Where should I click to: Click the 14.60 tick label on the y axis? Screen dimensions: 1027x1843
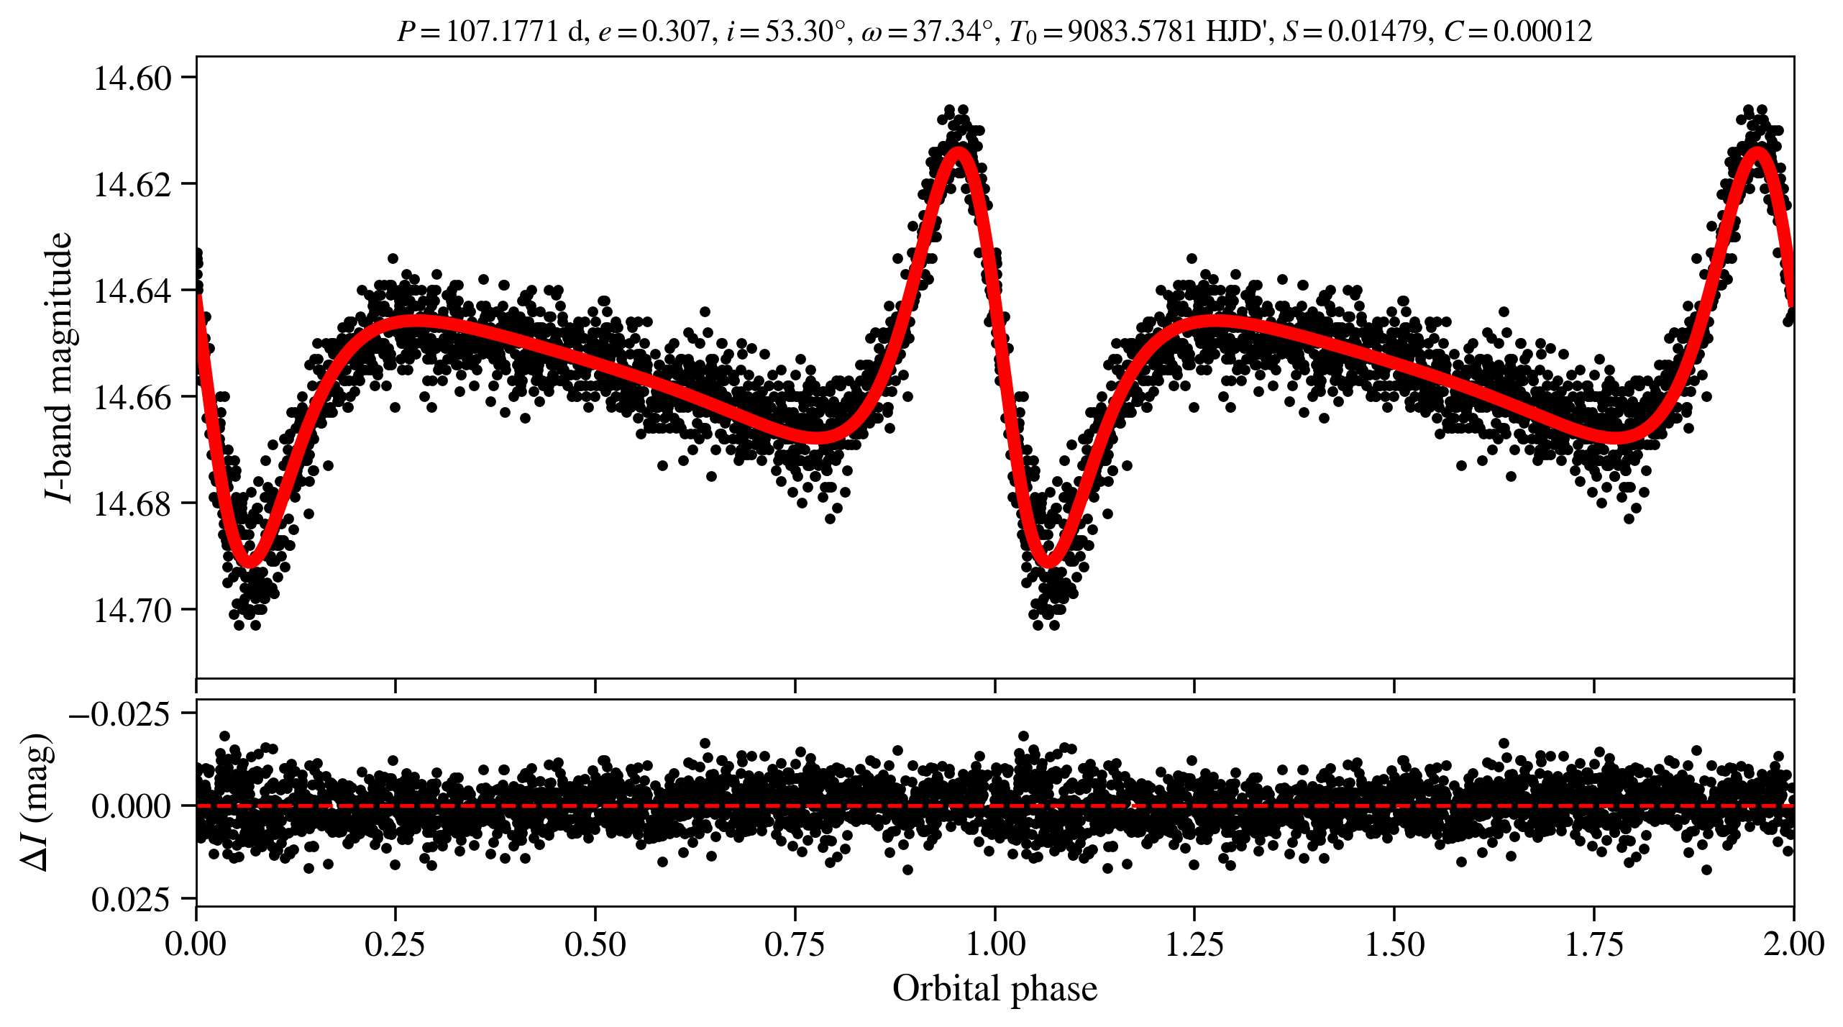click(x=133, y=78)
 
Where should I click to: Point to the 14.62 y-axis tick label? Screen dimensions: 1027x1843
click(x=133, y=185)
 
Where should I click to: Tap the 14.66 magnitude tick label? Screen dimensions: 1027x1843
click(x=133, y=398)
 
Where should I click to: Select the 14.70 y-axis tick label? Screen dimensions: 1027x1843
click(x=133, y=611)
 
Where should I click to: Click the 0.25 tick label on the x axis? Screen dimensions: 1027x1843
click(x=395, y=944)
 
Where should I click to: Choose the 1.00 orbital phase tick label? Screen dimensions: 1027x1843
click(x=994, y=944)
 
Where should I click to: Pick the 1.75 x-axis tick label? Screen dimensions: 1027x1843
click(x=1594, y=944)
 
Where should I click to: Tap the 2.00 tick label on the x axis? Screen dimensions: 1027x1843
click(x=1793, y=944)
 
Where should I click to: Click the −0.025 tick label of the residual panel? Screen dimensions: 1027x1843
click(x=120, y=715)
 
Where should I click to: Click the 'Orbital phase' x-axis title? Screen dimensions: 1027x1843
click(x=994, y=989)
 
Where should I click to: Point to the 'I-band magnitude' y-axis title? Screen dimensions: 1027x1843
click(x=59, y=367)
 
